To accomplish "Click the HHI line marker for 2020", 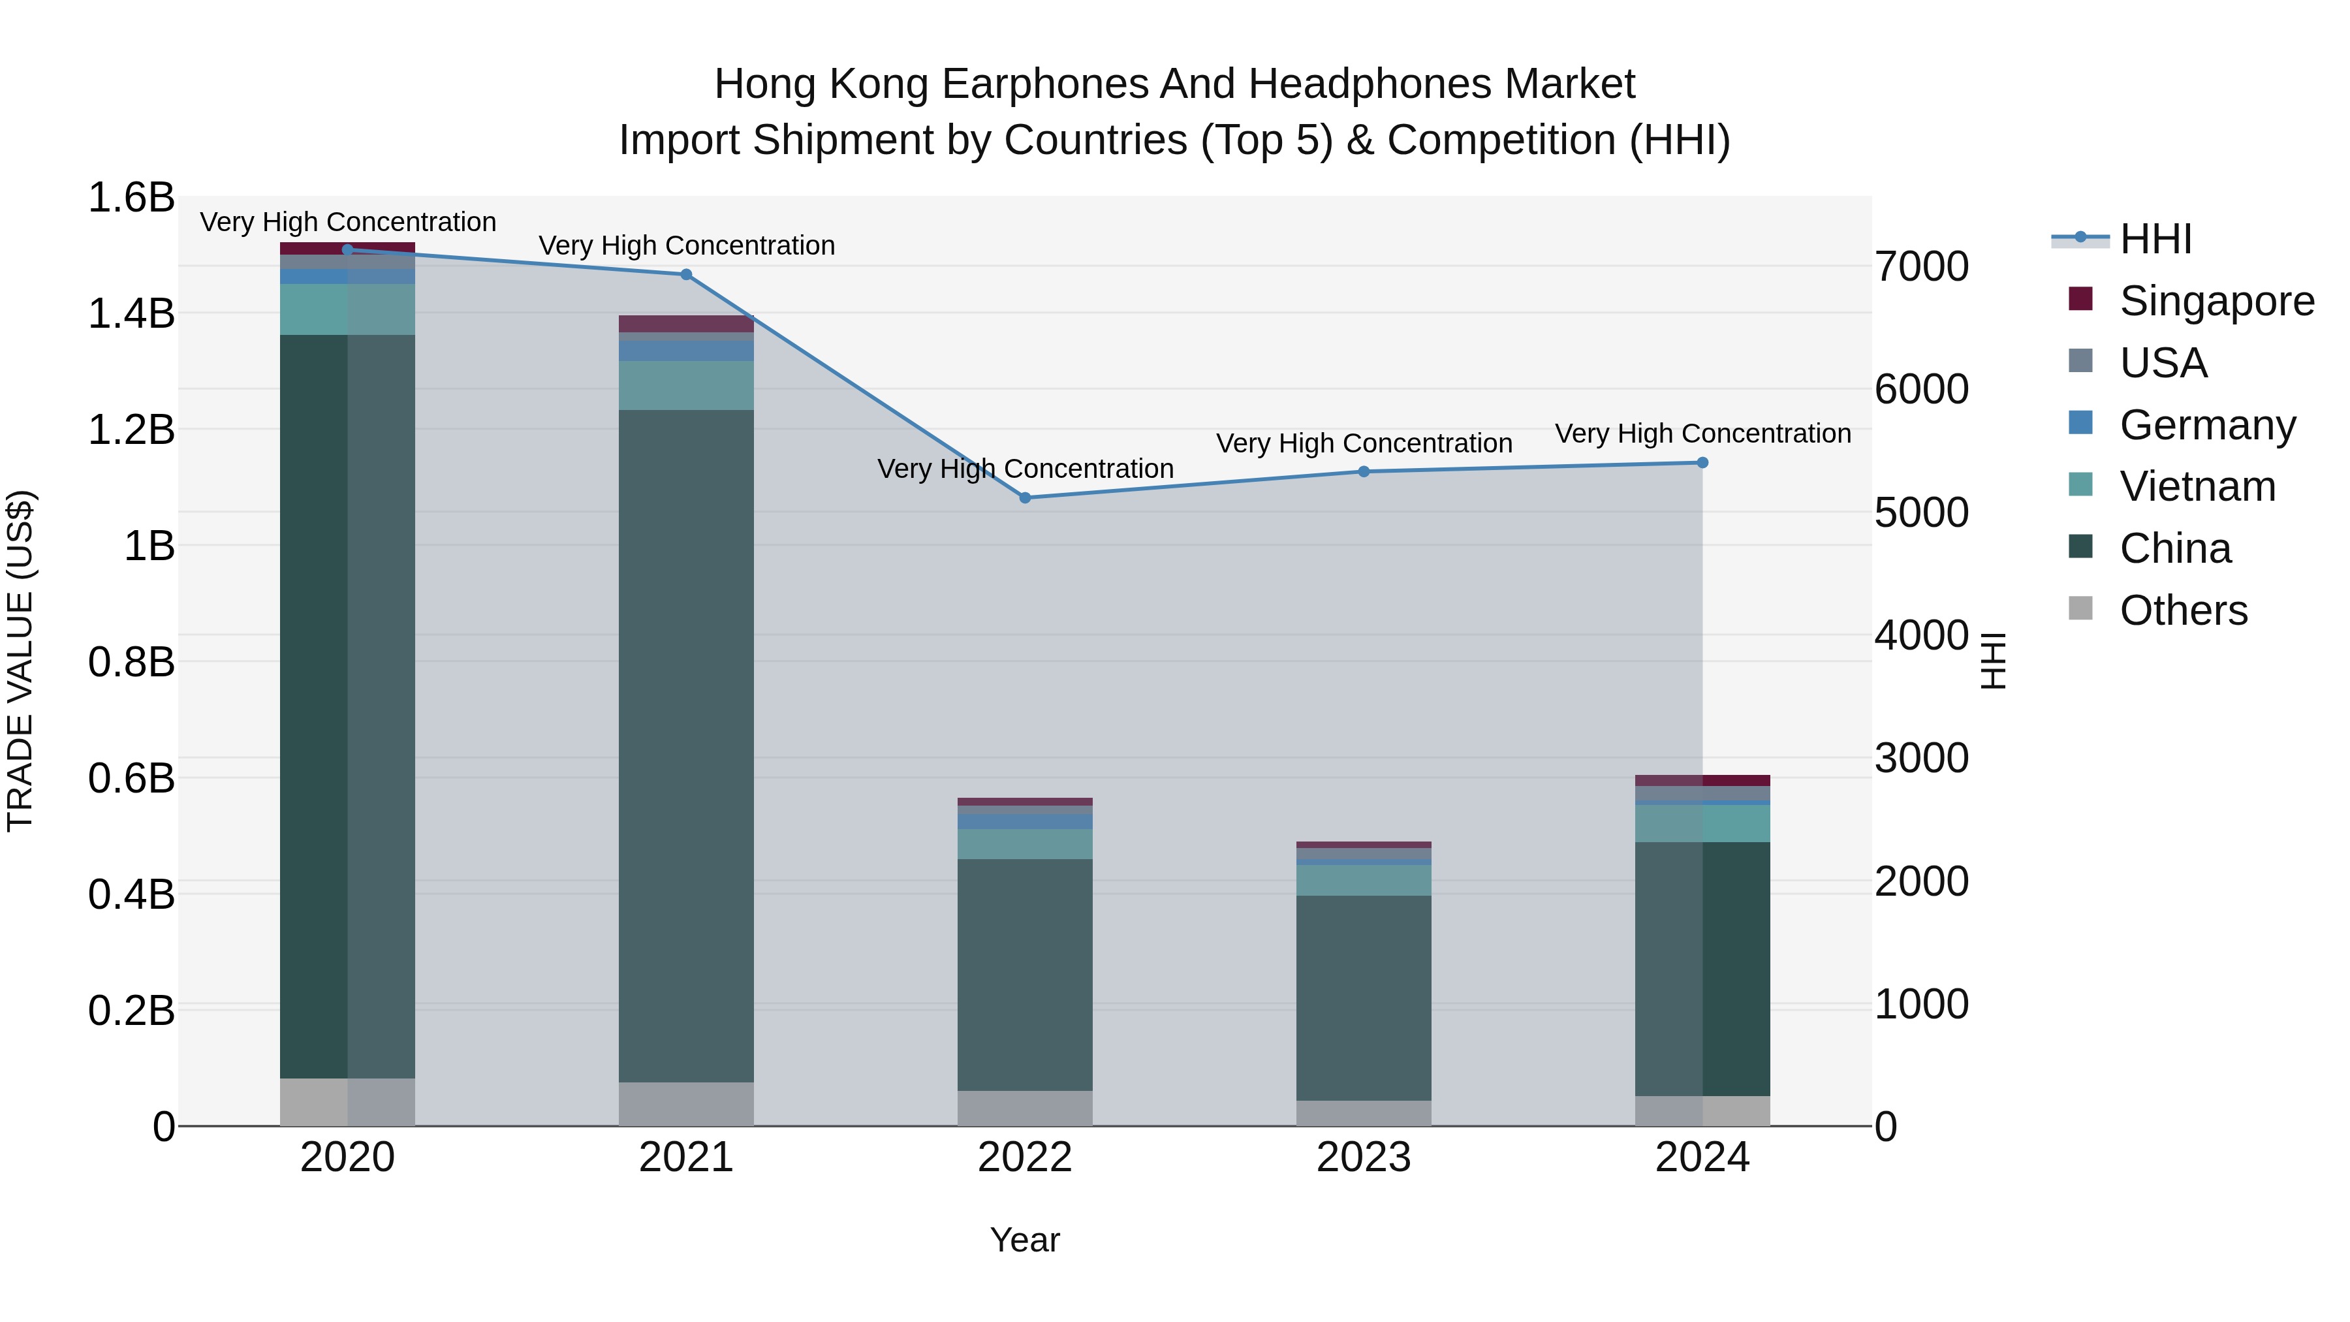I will [347, 250].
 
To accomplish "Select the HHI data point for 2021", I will [686, 275].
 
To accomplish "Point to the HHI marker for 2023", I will [1364, 472].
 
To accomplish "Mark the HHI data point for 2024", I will [1702, 463].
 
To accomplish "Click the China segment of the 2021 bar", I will [686, 746].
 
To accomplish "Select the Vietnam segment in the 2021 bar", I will [686, 385].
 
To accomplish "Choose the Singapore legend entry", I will [2216, 301].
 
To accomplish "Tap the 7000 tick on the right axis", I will [1921, 266].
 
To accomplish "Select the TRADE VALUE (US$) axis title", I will [21, 661].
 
